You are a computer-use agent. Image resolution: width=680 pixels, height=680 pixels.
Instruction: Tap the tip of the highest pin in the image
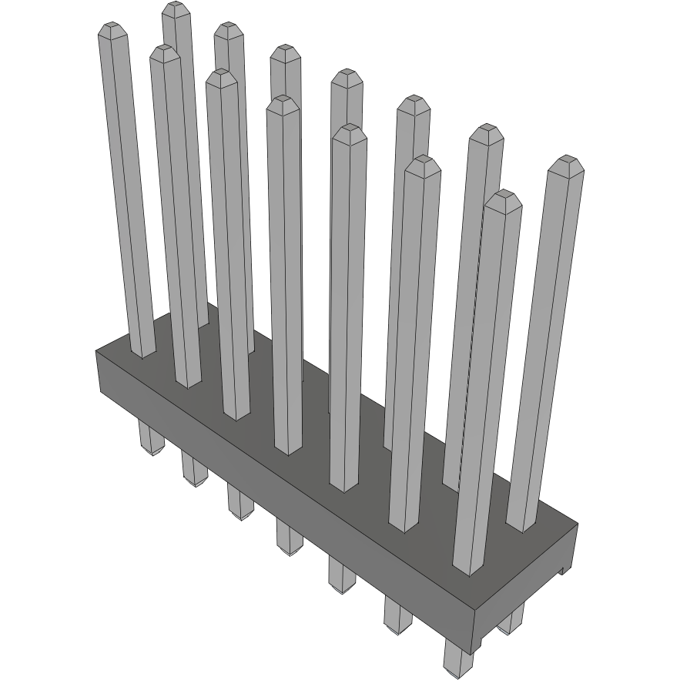tap(176, 9)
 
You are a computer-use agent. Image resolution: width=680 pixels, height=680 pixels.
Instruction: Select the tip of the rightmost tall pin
tap(568, 163)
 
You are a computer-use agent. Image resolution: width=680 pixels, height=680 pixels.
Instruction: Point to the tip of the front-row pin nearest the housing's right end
tap(504, 199)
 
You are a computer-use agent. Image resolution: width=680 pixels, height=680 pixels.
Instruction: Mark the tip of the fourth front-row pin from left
tap(283, 104)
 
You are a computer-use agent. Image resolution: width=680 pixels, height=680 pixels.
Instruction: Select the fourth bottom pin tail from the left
tap(290, 538)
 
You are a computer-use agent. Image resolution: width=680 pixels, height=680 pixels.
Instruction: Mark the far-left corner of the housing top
tap(96, 351)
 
